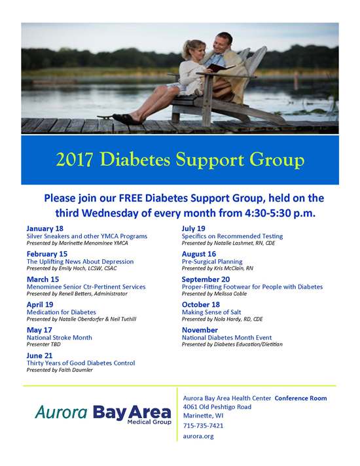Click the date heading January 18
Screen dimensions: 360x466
45,228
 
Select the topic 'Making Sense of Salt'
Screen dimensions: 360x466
211,312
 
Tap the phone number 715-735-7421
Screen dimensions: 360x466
203,425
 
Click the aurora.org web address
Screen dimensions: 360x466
198,437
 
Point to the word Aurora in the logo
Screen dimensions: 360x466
62,412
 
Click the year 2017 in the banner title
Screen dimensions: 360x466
75,160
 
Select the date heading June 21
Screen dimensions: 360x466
39,355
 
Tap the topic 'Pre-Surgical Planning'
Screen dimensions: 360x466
212,262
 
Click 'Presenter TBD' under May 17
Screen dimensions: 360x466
43,344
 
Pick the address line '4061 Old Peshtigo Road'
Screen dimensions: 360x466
217,407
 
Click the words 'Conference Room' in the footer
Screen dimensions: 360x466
300,398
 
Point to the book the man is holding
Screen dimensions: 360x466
219,67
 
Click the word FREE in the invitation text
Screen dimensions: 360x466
131,198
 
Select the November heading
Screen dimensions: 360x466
200,330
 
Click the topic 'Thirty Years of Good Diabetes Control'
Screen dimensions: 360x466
81,363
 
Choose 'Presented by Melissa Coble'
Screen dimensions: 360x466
214,294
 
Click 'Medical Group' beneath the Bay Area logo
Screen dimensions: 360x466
149,422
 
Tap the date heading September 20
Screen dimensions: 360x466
206,279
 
